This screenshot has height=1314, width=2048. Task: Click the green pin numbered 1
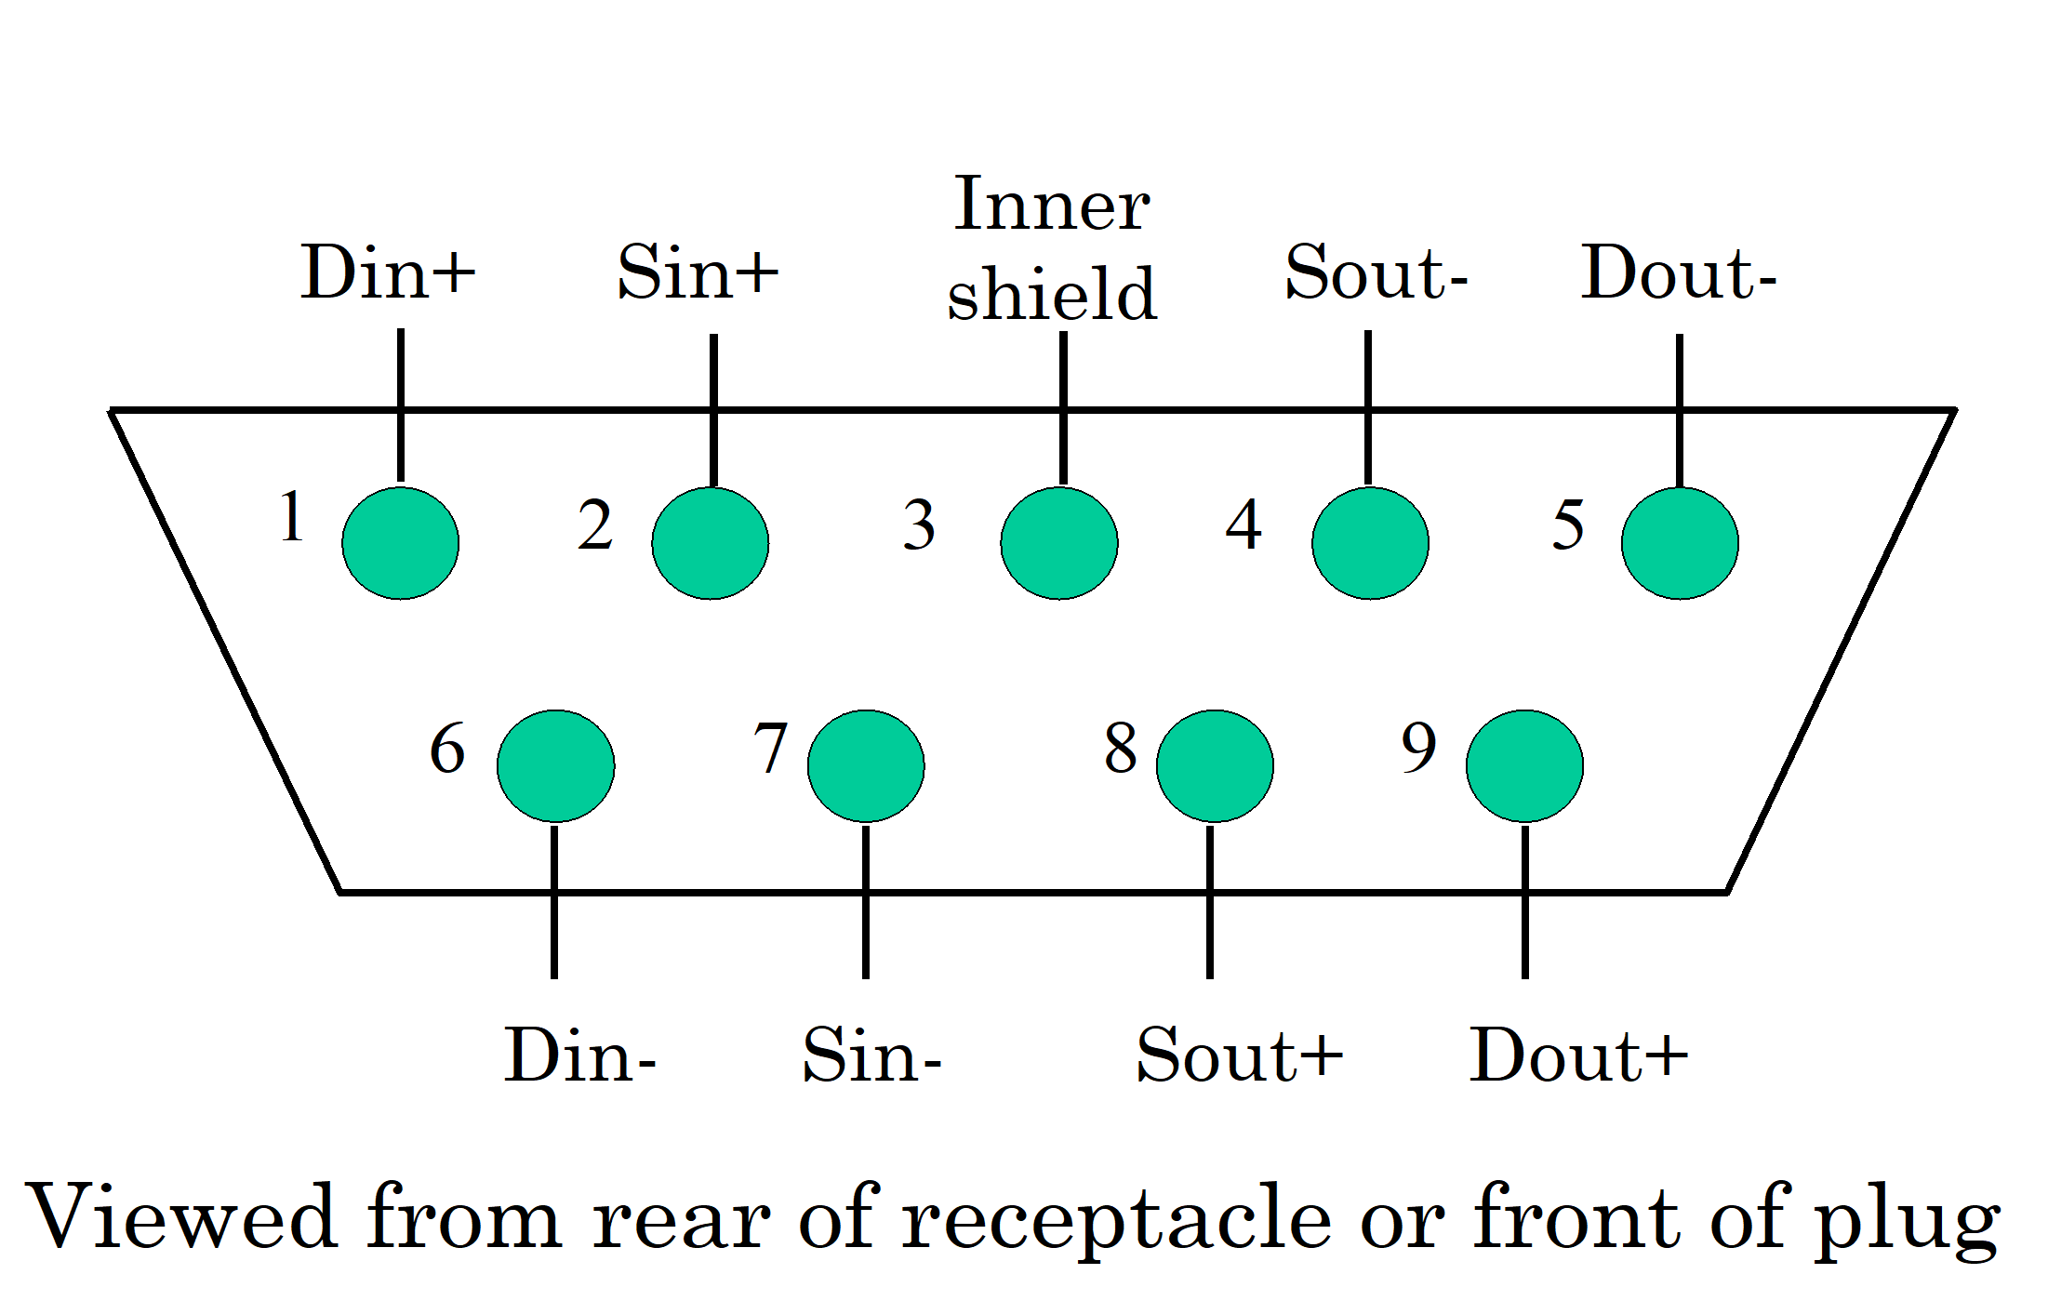(400, 543)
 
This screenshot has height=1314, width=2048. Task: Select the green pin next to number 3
(1058, 543)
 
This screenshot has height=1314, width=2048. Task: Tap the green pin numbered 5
(1679, 543)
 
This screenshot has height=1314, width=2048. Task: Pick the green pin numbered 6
(555, 765)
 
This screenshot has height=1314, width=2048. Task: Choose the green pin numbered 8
(1214, 765)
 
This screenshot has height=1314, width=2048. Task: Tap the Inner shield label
(1052, 249)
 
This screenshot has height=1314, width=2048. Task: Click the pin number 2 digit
(595, 525)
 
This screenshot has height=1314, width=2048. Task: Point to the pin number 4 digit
(1243, 525)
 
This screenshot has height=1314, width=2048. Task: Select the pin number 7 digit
(771, 749)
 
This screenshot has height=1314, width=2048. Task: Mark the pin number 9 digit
(1418, 749)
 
